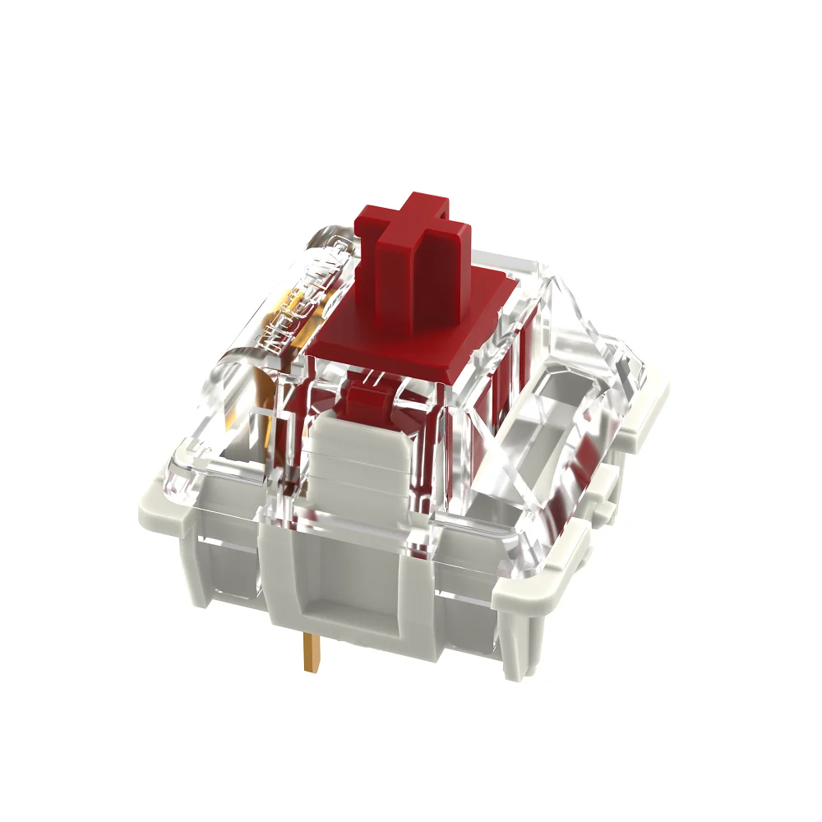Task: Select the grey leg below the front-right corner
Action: [x=518, y=649]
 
